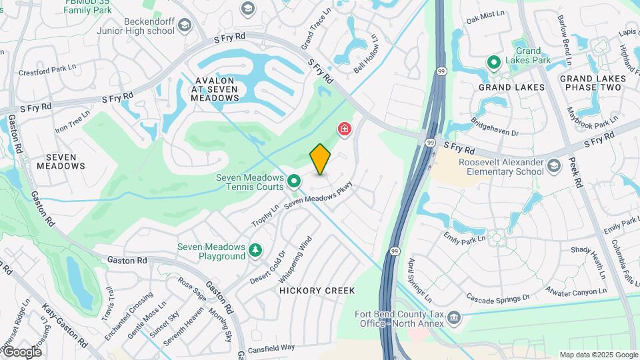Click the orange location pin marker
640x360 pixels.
pyautogui.click(x=321, y=159)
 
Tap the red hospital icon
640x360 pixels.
pyautogui.click(x=345, y=128)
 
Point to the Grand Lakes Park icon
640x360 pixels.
pyautogui.click(x=494, y=63)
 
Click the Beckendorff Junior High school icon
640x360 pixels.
pyautogui.click(x=184, y=26)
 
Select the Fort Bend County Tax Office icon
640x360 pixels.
pyautogui.click(x=455, y=316)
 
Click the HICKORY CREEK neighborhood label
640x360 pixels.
pyautogui.click(x=317, y=291)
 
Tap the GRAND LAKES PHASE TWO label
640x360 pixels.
pyautogui.click(x=593, y=83)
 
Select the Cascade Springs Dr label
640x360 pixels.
pyautogui.click(x=497, y=297)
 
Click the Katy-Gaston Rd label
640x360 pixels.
pyautogui.click(x=65, y=327)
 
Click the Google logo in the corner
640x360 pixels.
pyautogui.click(x=21, y=351)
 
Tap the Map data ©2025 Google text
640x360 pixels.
pyautogui.click(x=598, y=355)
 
